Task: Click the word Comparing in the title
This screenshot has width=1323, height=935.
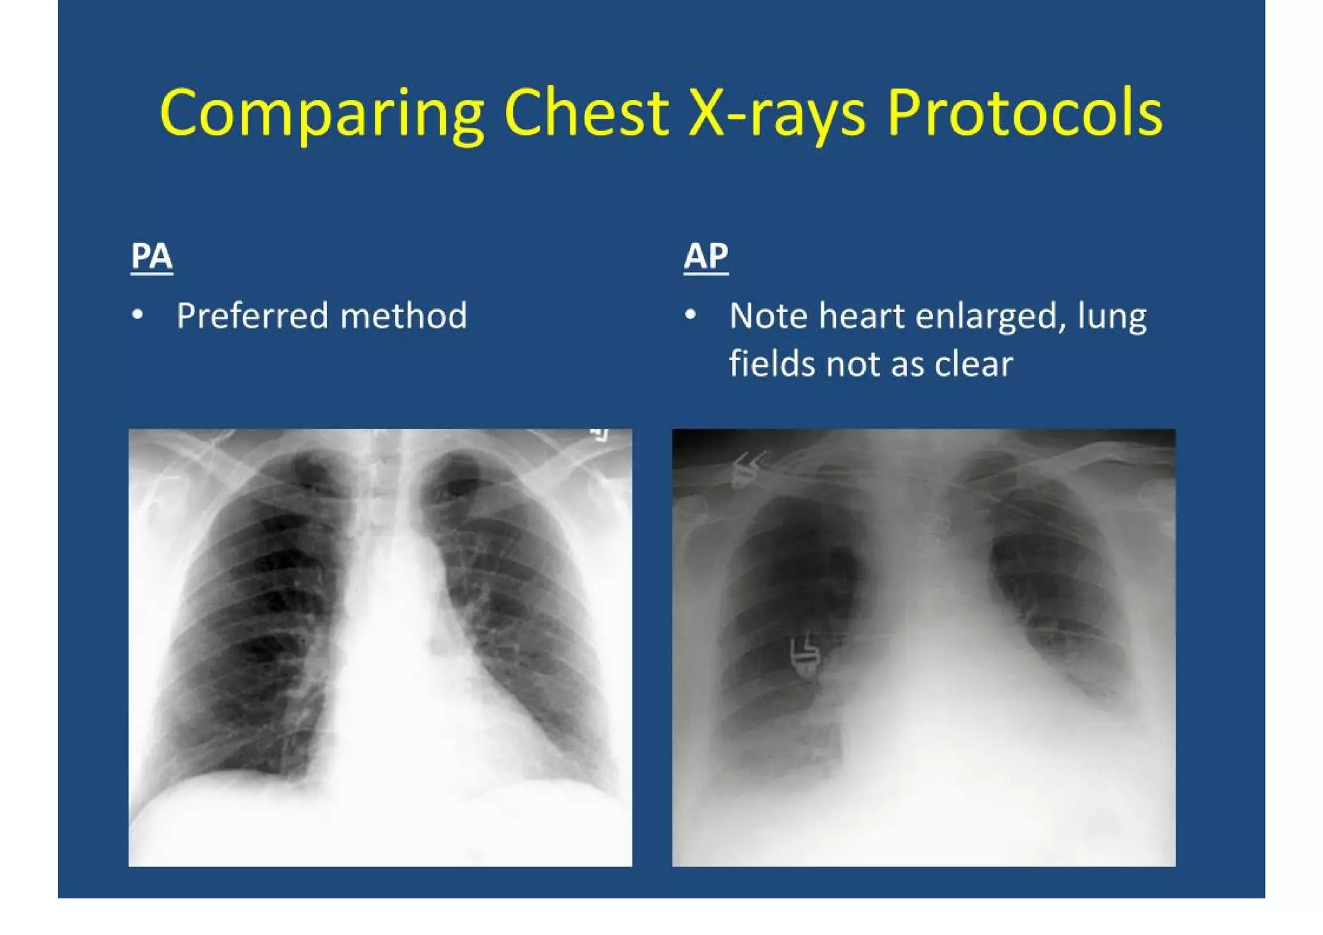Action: tap(322, 114)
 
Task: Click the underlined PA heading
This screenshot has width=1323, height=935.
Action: tap(151, 256)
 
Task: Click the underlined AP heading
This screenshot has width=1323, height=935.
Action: tap(706, 256)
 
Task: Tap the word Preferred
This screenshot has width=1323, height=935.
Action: tap(253, 316)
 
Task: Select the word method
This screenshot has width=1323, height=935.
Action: tap(404, 316)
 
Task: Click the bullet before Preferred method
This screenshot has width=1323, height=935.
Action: tap(138, 315)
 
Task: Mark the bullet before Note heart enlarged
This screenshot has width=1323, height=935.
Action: tap(691, 315)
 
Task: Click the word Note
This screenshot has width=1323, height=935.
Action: tap(768, 316)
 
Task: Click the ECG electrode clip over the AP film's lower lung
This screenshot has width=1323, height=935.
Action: tap(805, 657)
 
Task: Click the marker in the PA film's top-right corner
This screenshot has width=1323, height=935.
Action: tap(601, 434)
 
